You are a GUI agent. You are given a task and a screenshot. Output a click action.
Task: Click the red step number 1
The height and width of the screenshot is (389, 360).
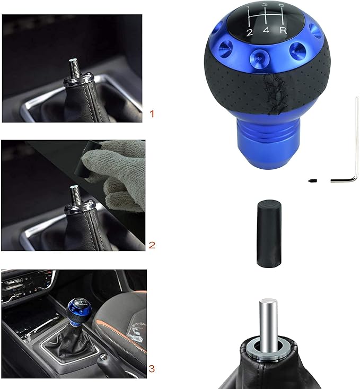152,114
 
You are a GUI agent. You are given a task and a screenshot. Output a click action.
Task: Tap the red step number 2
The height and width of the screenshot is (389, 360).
152,245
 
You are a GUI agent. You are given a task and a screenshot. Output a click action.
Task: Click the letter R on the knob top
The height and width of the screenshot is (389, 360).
283,31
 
